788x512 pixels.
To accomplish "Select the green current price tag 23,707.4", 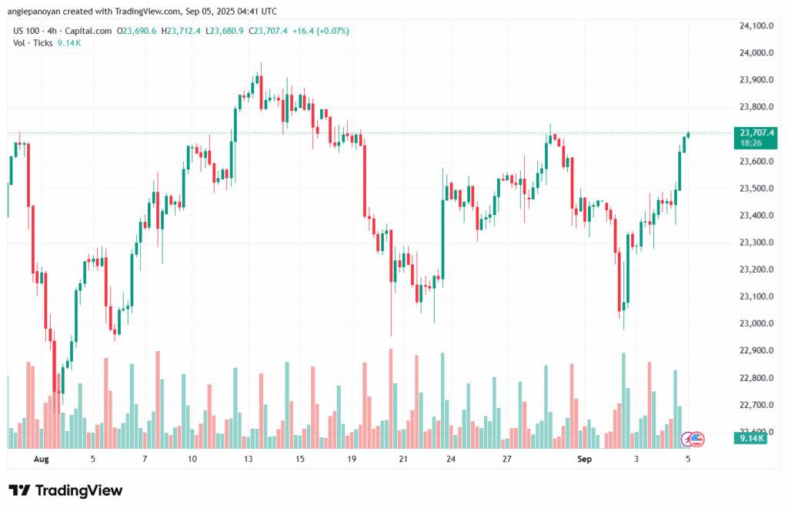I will pyautogui.click(x=755, y=132).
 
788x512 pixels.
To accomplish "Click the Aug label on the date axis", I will pyautogui.click(x=42, y=459).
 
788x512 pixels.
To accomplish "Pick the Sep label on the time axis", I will pyautogui.click(x=585, y=459).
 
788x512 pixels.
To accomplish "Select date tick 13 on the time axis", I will pyautogui.click(x=248, y=459).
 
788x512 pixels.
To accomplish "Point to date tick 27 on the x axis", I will pyautogui.click(x=507, y=459).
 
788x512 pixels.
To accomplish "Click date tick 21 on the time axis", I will pyautogui.click(x=402, y=459).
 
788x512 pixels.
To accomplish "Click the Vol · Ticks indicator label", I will pyautogui.click(x=33, y=43).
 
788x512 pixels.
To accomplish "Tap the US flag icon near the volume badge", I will pyautogui.click(x=696, y=439).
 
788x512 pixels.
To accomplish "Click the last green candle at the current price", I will pyautogui.click(x=687, y=135).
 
